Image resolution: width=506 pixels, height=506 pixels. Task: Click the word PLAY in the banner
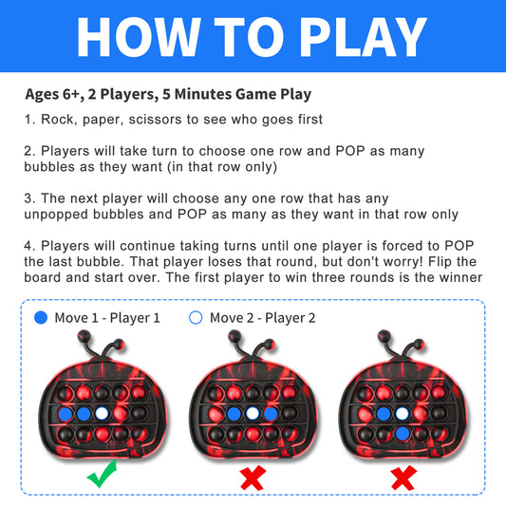pos(364,37)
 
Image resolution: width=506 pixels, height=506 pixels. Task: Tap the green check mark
pos(103,474)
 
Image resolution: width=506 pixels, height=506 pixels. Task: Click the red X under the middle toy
pos(253,478)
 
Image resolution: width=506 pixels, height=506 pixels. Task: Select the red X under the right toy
pos(403,478)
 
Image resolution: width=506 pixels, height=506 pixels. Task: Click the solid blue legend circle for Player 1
pos(41,317)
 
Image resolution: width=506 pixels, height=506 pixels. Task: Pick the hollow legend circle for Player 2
pos(196,317)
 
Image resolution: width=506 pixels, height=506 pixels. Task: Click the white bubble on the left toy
pos(102,413)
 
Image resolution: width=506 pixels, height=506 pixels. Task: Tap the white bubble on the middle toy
pos(253,413)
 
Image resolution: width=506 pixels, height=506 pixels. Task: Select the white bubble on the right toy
pos(403,413)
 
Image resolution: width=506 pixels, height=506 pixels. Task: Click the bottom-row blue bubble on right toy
pos(403,434)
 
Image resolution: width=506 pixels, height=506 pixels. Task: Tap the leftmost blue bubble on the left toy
pos(66,413)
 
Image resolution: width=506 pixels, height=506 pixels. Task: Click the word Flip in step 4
pos(439,262)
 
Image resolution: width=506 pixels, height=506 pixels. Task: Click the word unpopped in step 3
pos(56,215)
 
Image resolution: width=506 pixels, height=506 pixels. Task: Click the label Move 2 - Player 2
pos(262,318)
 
